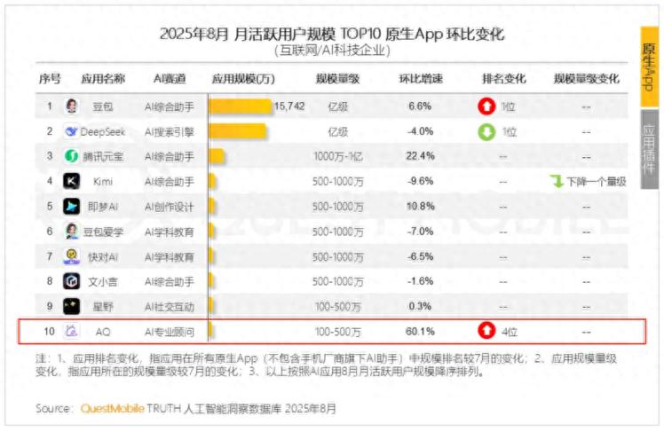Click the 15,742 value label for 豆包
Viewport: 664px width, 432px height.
(x=289, y=106)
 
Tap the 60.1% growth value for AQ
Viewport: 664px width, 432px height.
(x=420, y=333)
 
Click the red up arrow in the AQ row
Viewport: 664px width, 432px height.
(x=486, y=333)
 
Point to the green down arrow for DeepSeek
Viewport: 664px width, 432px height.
(x=486, y=131)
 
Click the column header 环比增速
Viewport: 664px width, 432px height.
(x=420, y=78)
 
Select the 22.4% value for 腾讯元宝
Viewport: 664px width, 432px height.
(x=420, y=156)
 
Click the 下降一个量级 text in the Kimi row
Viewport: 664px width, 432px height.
(x=595, y=181)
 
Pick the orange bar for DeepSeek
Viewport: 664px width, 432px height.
(x=238, y=131)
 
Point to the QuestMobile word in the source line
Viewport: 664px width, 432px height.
(x=112, y=409)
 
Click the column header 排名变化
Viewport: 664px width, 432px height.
(x=503, y=78)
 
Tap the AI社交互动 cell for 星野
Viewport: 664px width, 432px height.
(x=169, y=307)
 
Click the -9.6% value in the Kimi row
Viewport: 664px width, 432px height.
(x=420, y=181)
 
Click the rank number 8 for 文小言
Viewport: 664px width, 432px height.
(x=50, y=282)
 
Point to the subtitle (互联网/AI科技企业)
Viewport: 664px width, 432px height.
(x=331, y=51)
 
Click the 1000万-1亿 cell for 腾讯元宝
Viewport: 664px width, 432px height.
(x=337, y=156)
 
